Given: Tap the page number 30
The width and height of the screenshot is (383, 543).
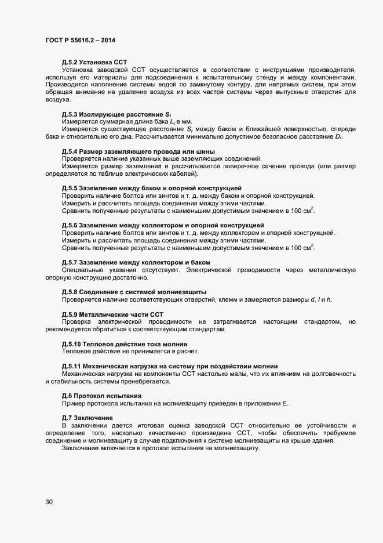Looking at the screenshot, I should tap(49, 502).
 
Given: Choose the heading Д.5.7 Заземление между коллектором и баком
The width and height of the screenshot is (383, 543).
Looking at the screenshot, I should tap(136, 263).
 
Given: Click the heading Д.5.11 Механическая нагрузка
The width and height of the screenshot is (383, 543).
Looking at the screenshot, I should tap(169, 365).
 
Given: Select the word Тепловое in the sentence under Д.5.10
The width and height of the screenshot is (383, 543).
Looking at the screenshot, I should tap(77, 351).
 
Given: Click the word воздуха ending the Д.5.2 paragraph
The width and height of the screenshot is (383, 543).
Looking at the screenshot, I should tap(58, 100).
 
